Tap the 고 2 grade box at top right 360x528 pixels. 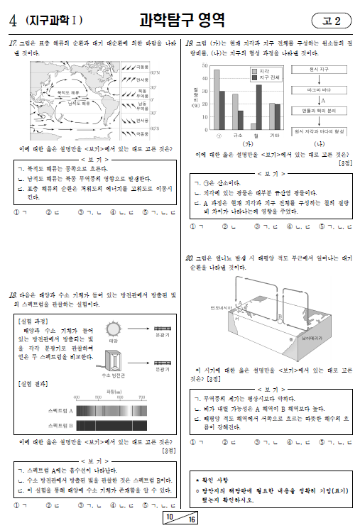click(x=331, y=21)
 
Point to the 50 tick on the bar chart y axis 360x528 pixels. click(x=203, y=65)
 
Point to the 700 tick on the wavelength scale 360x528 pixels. click(x=141, y=397)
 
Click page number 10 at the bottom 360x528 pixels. click(x=170, y=518)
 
